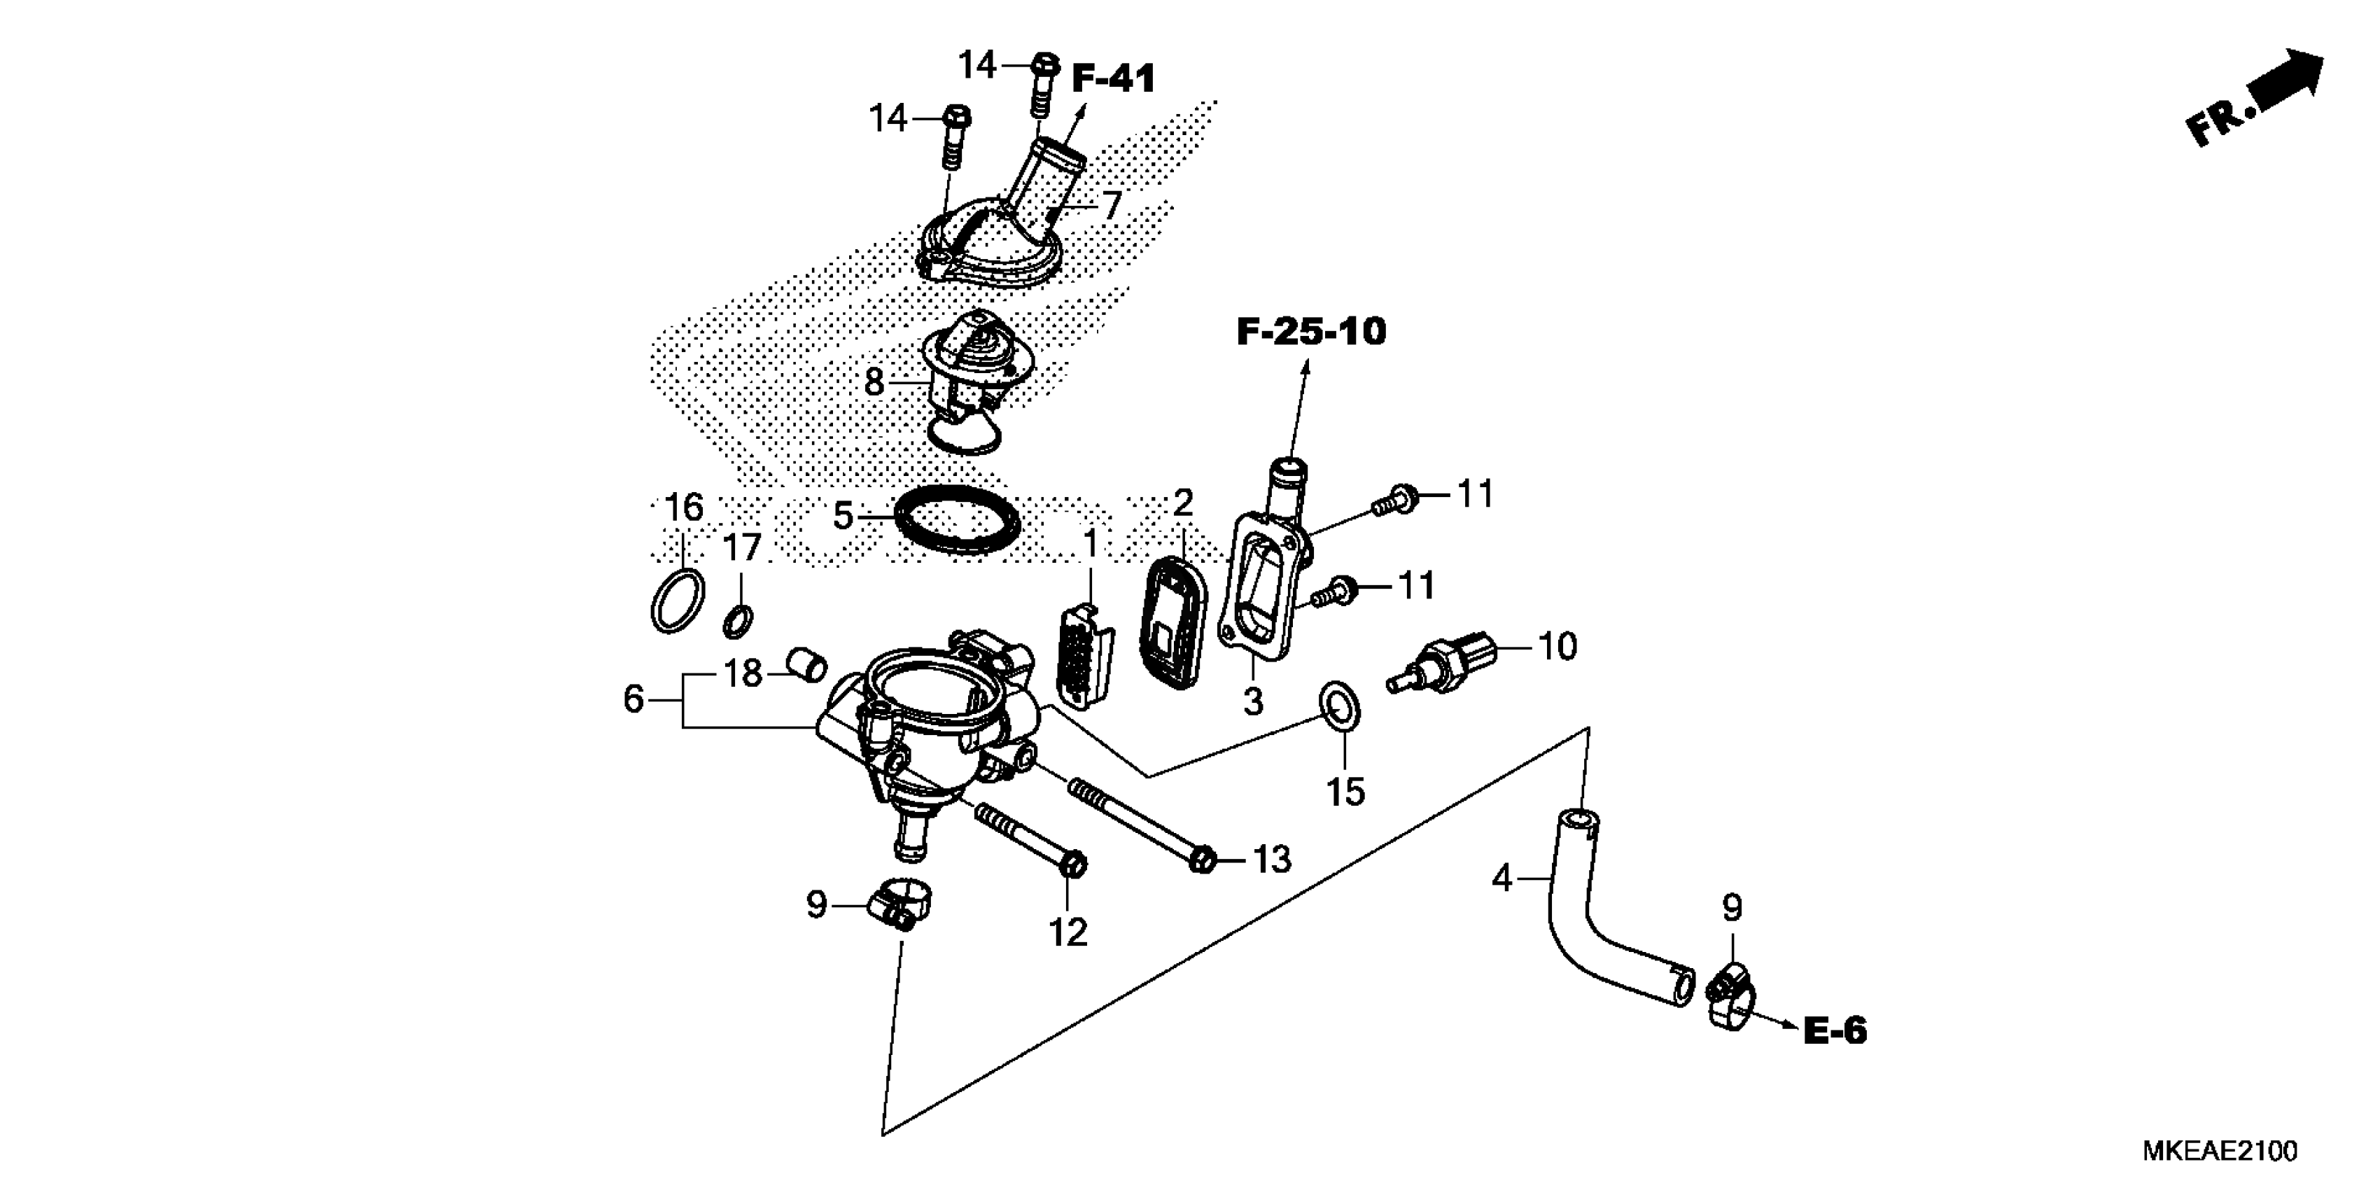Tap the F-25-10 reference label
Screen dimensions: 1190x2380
click(1311, 332)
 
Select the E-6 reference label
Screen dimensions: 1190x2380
click(1835, 1031)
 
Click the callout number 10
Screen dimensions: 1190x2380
click(1557, 647)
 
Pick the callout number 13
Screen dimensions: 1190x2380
click(1271, 860)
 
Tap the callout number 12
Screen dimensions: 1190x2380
click(1068, 933)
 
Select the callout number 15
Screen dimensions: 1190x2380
click(1345, 792)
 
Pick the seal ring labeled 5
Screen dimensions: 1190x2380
click(959, 523)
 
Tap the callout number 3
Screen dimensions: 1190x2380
click(1253, 702)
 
